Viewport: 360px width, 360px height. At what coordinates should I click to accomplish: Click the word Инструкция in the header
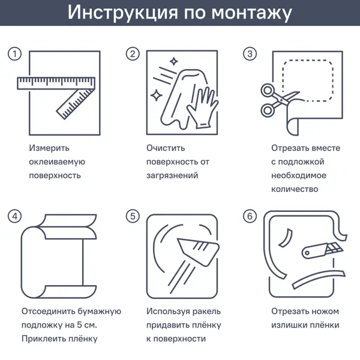(122, 13)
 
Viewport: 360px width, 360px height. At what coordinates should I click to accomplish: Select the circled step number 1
(14, 54)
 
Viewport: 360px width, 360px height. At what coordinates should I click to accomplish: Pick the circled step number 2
(133, 54)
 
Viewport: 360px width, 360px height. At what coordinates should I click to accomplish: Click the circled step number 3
(250, 54)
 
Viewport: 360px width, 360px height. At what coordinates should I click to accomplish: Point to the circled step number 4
(14, 216)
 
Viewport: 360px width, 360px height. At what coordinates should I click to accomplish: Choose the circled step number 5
(133, 216)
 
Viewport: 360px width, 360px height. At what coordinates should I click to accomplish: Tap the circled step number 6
(250, 216)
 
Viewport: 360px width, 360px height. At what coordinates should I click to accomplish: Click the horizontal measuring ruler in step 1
(56, 83)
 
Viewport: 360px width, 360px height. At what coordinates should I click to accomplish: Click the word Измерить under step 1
(49, 148)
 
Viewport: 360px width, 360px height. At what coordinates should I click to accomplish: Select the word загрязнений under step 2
(172, 176)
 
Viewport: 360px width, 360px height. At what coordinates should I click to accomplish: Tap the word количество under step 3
(295, 190)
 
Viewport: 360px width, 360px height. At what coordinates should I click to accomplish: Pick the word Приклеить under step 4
(43, 339)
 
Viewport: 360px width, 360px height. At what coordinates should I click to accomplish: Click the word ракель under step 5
(206, 312)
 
